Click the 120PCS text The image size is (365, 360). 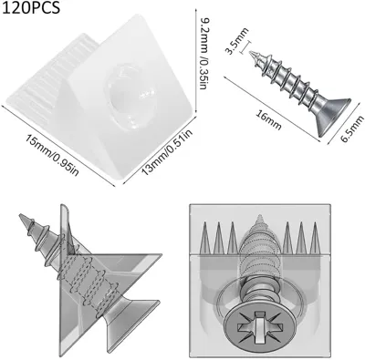click(31, 7)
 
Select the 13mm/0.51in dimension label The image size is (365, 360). click(167, 152)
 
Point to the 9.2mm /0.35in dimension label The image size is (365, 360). click(204, 53)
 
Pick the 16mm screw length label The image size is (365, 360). click(268, 120)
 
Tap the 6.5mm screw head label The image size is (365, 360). click(352, 129)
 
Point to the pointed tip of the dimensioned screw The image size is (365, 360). click(251, 53)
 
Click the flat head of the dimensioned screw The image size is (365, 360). click(332, 116)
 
